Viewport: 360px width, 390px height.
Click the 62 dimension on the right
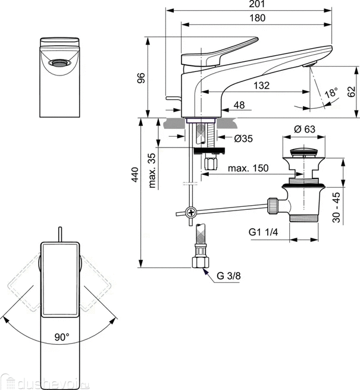click(x=350, y=91)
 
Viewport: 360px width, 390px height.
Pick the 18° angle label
click(x=330, y=94)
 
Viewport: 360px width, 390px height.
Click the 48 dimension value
click(x=239, y=105)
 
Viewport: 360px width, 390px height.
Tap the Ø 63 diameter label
click(x=304, y=130)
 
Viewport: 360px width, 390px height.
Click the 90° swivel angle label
click(x=62, y=336)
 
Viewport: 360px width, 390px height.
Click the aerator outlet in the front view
click(x=60, y=62)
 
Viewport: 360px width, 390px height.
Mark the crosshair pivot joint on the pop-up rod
click(x=190, y=212)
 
